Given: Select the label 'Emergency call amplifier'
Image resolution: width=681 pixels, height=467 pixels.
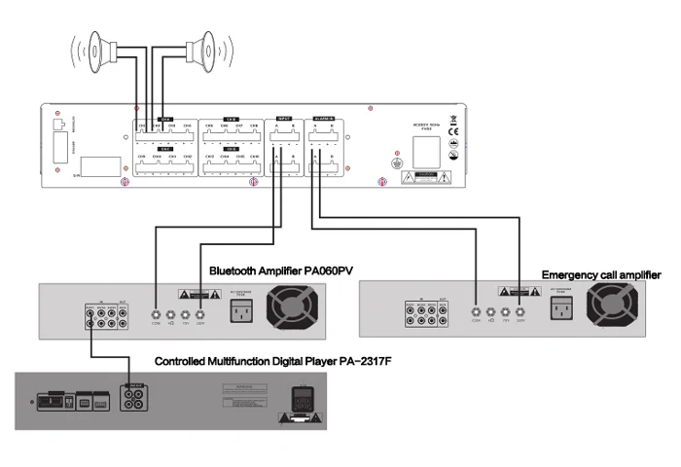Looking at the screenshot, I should (x=600, y=275).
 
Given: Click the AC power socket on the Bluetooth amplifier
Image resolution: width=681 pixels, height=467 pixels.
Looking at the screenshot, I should (x=240, y=310).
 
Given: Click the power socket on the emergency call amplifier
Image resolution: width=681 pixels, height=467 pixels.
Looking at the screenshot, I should (x=559, y=310).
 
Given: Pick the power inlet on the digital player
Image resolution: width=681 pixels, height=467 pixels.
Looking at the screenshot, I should (x=301, y=399).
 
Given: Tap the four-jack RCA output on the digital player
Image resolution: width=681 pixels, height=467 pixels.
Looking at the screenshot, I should (x=129, y=399).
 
